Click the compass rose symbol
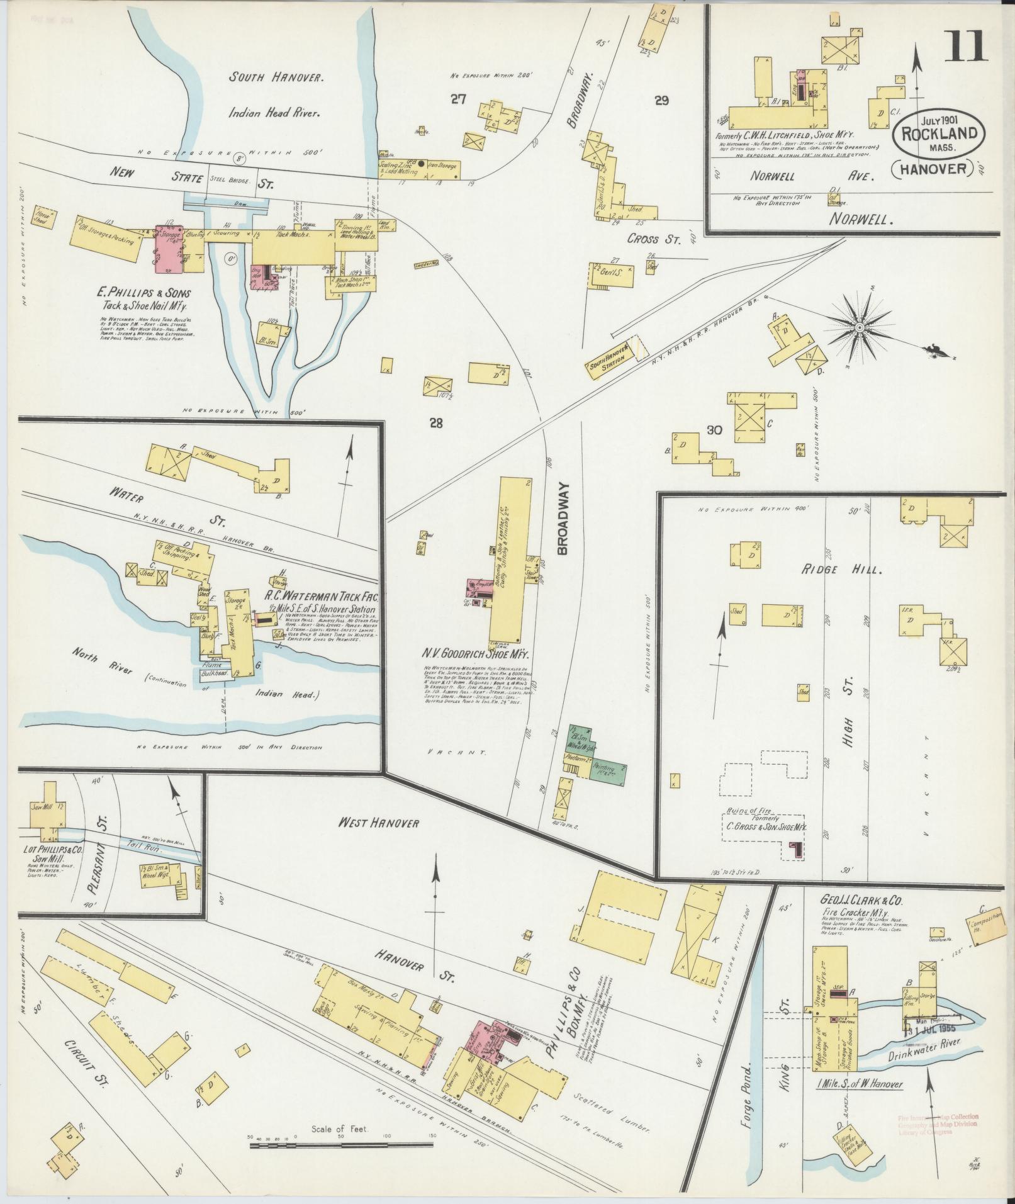(859, 328)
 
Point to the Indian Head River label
(275, 113)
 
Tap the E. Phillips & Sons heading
(144, 293)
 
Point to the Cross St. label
(651, 240)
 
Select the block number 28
(436, 423)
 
